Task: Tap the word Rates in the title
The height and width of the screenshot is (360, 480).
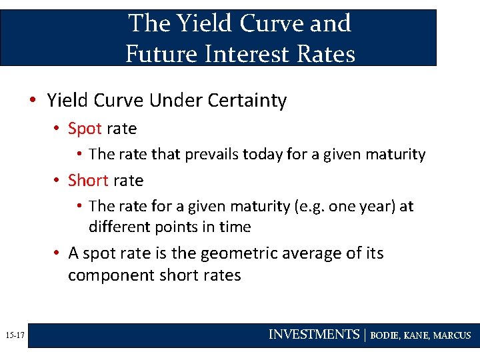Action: click(x=326, y=53)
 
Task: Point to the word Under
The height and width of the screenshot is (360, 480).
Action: click(x=174, y=101)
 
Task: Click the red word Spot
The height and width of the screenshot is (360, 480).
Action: click(x=85, y=129)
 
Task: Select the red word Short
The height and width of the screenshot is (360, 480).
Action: click(x=88, y=181)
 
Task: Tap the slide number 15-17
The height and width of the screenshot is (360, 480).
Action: click(x=13, y=335)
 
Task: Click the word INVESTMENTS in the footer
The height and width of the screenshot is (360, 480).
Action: click(x=313, y=335)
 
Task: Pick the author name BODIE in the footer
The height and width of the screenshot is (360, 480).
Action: click(x=385, y=335)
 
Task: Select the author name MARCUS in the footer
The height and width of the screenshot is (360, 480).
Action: click(x=452, y=335)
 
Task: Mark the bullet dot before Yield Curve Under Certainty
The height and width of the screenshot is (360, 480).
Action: click(x=32, y=101)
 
